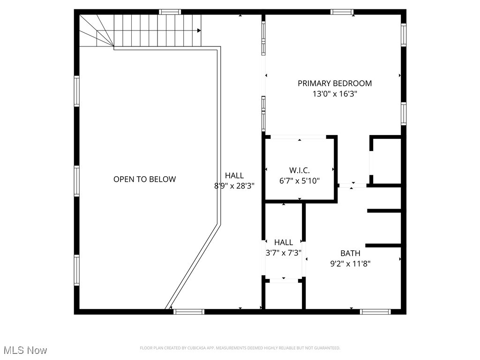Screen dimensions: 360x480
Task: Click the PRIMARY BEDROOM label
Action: coord(335,83)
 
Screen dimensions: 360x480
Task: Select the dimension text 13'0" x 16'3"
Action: coord(335,94)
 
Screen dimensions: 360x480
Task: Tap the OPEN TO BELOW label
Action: coord(144,179)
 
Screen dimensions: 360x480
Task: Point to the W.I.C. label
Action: coord(299,170)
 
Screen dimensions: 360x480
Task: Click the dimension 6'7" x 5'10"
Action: coord(299,180)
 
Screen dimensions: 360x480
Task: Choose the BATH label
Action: coord(350,254)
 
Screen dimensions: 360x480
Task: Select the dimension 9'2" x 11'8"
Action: coord(350,263)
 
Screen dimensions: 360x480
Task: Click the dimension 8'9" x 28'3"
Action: coord(234,186)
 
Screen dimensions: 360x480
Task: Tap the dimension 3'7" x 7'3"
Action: coord(283,252)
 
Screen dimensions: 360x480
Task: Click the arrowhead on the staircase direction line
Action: coord(199,30)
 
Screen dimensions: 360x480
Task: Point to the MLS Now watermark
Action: coord(25,350)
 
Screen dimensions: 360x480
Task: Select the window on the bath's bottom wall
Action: coord(375,311)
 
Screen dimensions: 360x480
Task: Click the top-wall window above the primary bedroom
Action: coord(342,12)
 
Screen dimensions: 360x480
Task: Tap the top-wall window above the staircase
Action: coord(170,12)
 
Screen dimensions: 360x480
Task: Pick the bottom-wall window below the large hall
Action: coord(189,311)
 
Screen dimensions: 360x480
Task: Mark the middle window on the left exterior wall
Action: coord(76,181)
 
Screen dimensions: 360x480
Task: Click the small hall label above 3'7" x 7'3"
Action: coord(283,242)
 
